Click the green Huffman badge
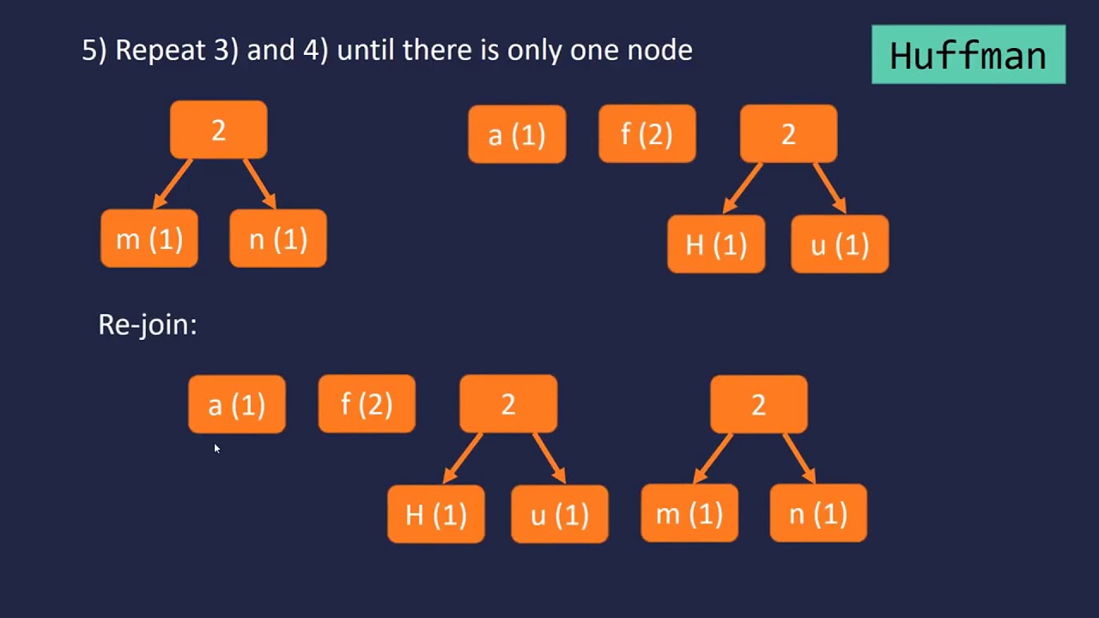[968, 55]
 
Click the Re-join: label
[148, 324]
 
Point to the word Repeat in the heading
[157, 50]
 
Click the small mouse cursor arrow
[216, 448]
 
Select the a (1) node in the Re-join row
[237, 404]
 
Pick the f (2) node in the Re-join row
[367, 404]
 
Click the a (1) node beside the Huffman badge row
[517, 135]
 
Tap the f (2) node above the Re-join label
[647, 135]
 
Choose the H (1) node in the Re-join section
[436, 514]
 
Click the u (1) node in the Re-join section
[560, 514]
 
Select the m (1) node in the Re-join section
[689, 513]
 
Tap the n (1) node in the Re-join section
[818, 513]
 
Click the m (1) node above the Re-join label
[149, 239]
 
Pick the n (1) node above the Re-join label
[278, 239]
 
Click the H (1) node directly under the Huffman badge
[716, 245]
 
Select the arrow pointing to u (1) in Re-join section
[549, 457]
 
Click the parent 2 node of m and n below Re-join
[759, 404]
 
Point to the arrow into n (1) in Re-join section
[798, 457]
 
